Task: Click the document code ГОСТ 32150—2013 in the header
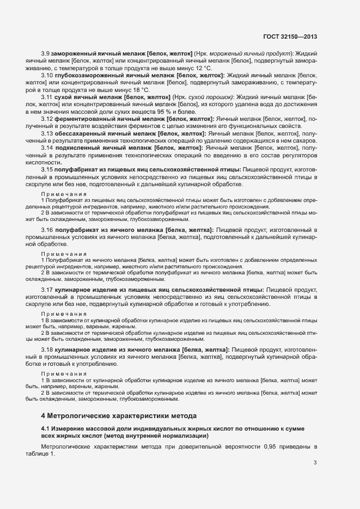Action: coord(290,37)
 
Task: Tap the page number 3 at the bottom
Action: coord(315,463)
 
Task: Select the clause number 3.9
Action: coord(46,53)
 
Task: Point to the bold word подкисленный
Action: coord(79,147)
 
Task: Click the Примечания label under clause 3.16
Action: coord(64,253)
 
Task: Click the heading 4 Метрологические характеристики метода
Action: coord(119,415)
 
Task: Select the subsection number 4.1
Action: coord(45,429)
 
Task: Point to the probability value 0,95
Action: coord(271,447)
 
